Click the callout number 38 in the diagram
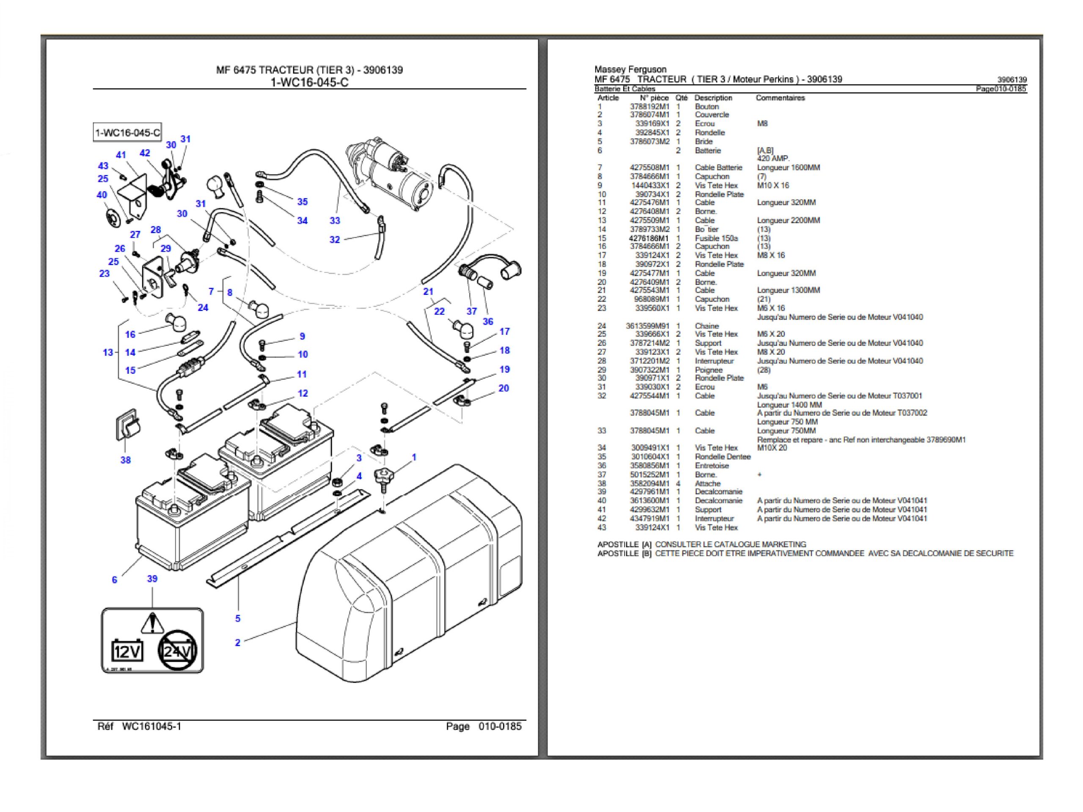(125, 460)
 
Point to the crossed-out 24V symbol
(177, 650)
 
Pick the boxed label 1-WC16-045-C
(127, 133)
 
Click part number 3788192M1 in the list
(649, 107)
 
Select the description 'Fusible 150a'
(716, 239)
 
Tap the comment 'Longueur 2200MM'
(788, 220)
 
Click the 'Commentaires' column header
(780, 98)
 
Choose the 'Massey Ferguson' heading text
(630, 69)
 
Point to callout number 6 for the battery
(115, 579)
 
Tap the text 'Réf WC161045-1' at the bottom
(140, 726)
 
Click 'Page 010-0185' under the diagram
(483, 726)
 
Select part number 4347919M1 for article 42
(649, 518)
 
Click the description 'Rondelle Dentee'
(722, 457)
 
